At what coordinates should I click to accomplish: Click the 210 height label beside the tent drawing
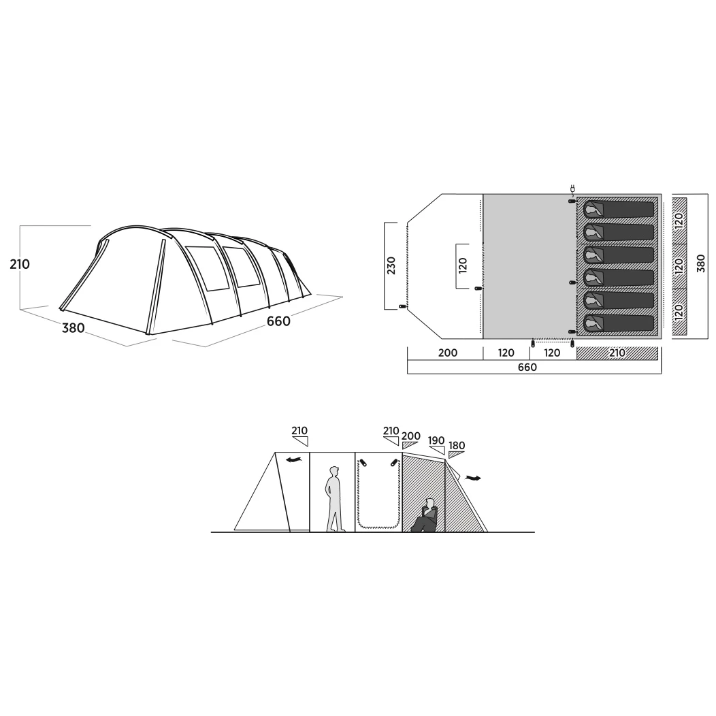[x=20, y=264]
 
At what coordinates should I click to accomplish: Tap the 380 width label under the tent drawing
[x=74, y=327]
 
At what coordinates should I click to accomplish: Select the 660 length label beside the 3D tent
[x=278, y=321]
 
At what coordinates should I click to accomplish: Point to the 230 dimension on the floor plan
[x=391, y=265]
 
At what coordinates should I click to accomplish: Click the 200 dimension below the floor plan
[x=448, y=353]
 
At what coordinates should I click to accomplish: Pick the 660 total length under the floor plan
[x=527, y=367]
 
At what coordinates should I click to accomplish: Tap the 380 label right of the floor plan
[x=701, y=263]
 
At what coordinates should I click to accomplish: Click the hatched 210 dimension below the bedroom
[x=617, y=353]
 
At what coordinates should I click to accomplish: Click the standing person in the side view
[x=333, y=499]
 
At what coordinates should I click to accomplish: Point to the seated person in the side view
[x=425, y=515]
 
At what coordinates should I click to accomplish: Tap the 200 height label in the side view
[x=411, y=436]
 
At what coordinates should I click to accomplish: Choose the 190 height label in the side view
[x=436, y=440]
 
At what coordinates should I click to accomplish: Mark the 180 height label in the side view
[x=457, y=445]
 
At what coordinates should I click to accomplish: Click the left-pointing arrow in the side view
[x=293, y=460]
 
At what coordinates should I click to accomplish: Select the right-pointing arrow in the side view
[x=473, y=478]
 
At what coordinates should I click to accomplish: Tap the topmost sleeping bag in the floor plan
[x=619, y=210]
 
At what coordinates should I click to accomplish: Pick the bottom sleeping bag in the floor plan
[x=619, y=323]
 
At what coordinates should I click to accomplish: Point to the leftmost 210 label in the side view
[x=299, y=431]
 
